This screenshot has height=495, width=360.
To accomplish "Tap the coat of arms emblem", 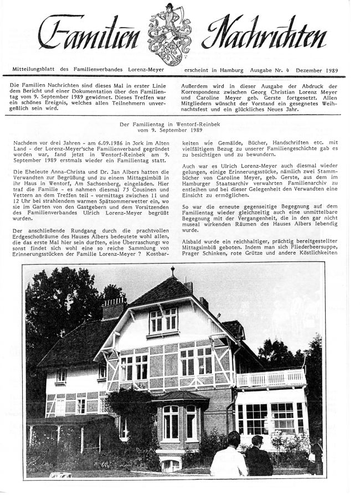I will coord(169,33).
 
